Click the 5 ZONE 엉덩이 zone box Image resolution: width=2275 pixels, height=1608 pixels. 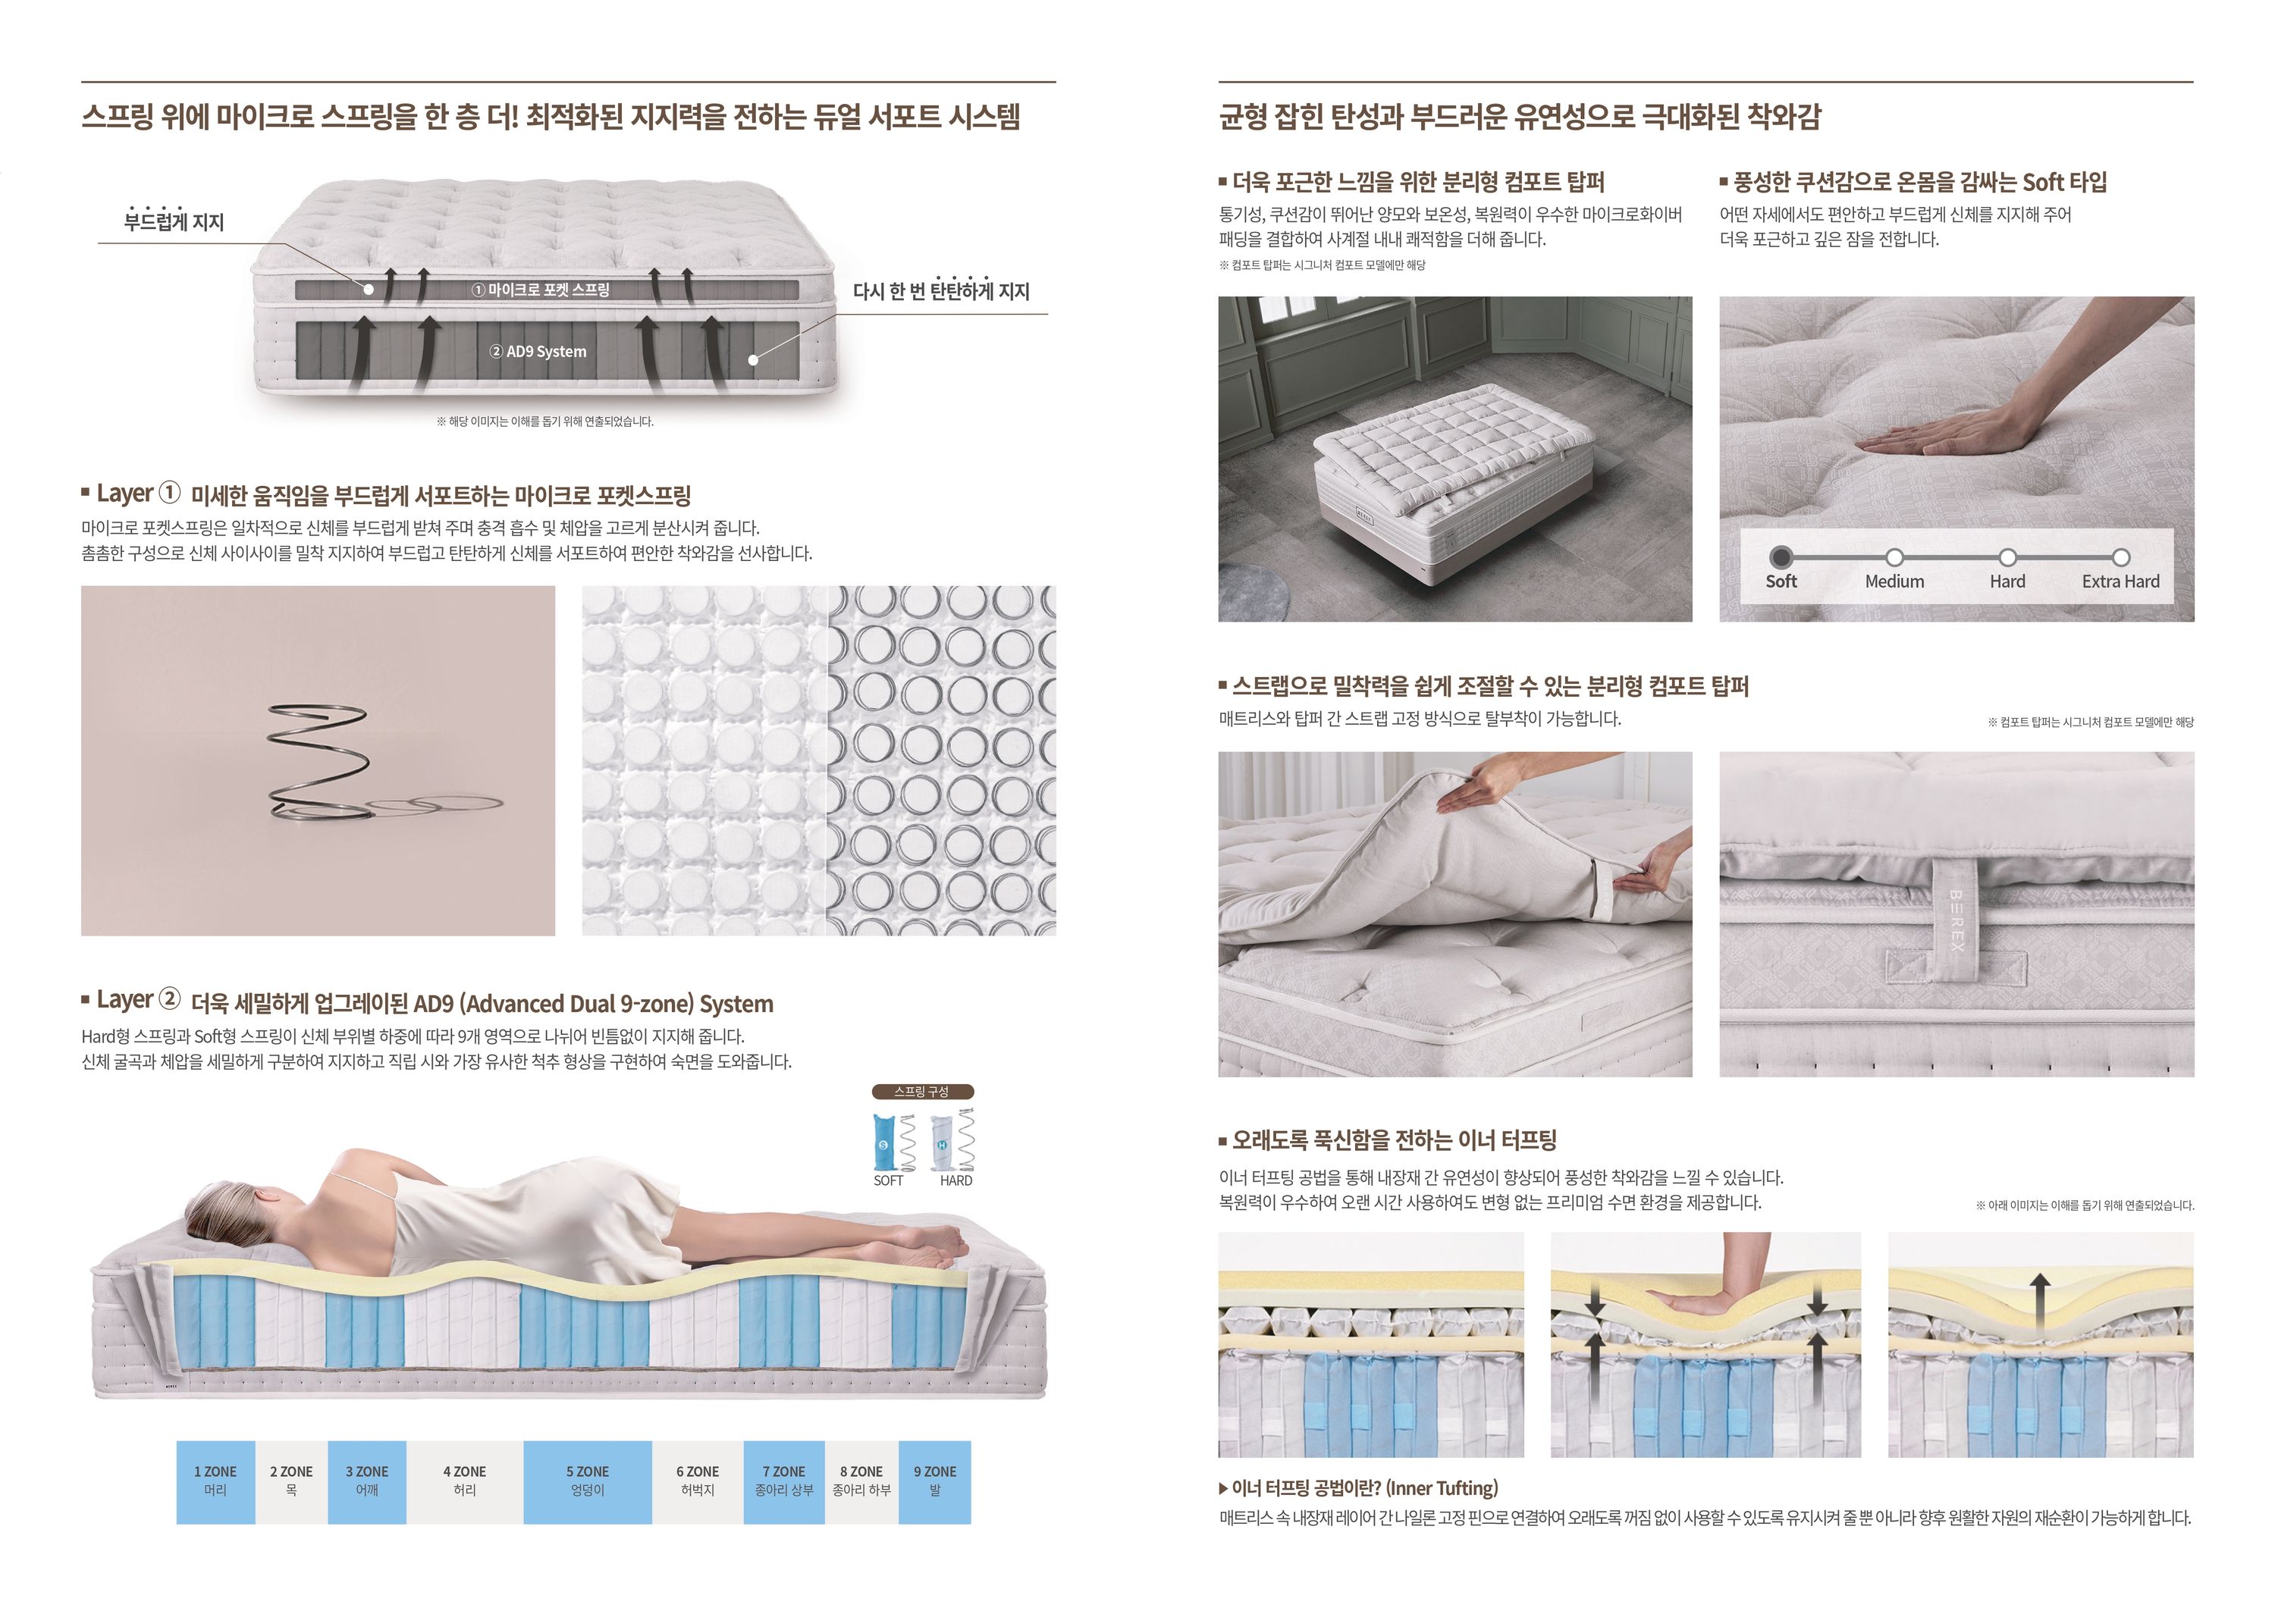pos(588,1481)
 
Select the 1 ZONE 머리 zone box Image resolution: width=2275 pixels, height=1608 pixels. pos(215,1481)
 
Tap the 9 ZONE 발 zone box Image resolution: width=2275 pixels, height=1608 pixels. pos(934,1481)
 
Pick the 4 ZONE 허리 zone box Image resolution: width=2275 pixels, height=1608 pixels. pos(465,1481)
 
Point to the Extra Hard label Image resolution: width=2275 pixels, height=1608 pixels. pos(2120,581)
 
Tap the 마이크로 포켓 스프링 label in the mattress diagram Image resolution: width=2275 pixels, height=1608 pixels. pos(540,290)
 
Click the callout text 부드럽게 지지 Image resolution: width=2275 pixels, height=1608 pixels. pos(174,221)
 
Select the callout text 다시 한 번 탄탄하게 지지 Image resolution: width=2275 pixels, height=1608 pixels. pos(941,290)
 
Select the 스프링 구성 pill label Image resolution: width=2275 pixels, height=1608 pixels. pos(922,1091)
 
